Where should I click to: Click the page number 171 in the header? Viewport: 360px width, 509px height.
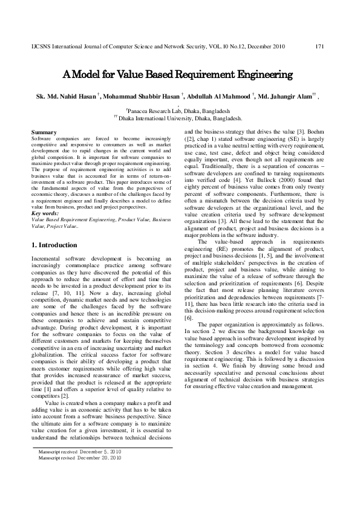(x=321, y=47)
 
